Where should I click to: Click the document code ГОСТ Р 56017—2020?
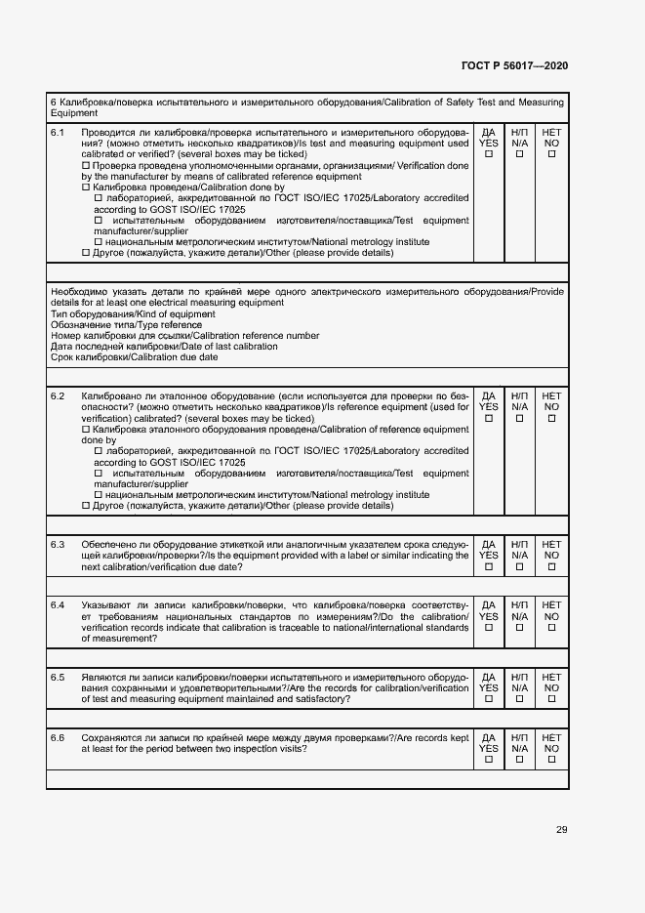[x=514, y=65]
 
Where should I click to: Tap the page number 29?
[x=561, y=830]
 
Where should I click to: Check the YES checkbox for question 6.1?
[x=489, y=154]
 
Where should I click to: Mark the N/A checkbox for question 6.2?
[x=520, y=419]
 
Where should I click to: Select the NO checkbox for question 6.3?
[x=551, y=566]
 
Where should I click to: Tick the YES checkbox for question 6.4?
[x=489, y=628]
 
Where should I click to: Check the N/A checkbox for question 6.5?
[x=520, y=699]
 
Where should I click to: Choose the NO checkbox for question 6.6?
[x=551, y=761]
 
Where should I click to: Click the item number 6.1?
[x=58, y=131]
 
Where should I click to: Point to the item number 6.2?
[x=58, y=395]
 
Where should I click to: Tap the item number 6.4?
[x=58, y=605]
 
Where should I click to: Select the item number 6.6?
[x=58, y=737]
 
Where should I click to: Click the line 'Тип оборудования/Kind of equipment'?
[x=132, y=313]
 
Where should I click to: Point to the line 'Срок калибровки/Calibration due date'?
[x=135, y=357]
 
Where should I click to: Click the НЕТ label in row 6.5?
[x=551, y=677]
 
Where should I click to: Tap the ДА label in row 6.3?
[x=489, y=544]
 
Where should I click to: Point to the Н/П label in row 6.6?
[x=520, y=737]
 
